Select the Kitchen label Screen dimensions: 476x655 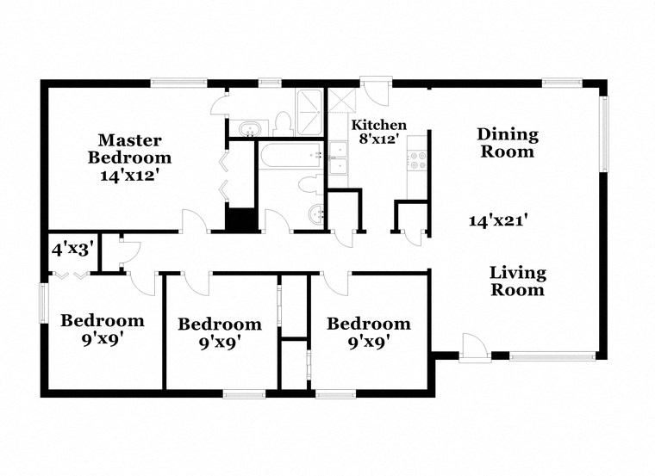click(378, 125)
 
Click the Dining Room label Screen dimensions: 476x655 click(508, 143)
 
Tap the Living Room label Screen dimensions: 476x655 click(517, 281)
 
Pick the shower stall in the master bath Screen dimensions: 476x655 click(309, 112)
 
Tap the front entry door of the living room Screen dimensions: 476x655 click(473, 348)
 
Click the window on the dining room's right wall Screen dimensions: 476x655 click(604, 134)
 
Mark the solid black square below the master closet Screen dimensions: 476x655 click(242, 219)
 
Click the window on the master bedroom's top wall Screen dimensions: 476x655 click(178, 83)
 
